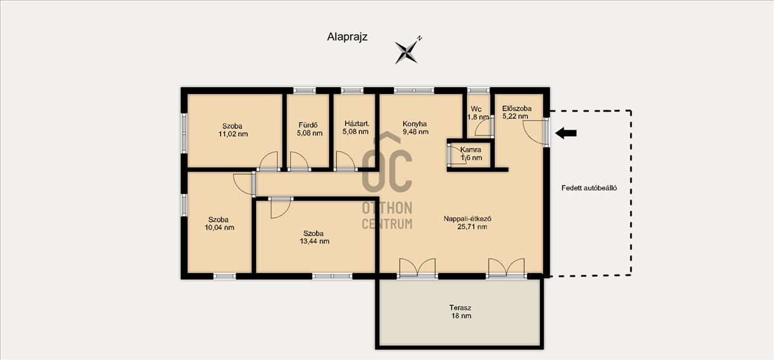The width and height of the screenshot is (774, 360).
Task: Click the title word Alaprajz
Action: click(347, 37)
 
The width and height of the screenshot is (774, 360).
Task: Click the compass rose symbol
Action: click(407, 52)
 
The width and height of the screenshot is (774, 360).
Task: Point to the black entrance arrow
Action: click(566, 133)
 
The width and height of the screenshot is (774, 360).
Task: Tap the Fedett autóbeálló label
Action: click(589, 188)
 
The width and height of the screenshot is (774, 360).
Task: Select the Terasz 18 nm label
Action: click(461, 312)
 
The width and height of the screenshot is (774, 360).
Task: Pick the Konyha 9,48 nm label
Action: click(415, 128)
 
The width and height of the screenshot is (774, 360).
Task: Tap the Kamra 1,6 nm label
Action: click(471, 154)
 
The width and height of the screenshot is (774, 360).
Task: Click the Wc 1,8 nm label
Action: click(478, 113)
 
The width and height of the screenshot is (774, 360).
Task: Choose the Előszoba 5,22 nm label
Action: click(517, 112)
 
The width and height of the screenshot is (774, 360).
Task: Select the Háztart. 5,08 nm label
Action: click(356, 128)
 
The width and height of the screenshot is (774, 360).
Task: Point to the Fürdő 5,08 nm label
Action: click(309, 129)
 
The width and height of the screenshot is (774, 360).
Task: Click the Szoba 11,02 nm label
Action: click(233, 130)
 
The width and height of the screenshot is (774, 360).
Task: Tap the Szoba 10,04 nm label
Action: click(219, 223)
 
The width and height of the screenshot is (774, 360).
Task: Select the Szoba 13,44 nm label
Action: click(314, 237)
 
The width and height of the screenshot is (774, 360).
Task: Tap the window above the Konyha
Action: click(414, 90)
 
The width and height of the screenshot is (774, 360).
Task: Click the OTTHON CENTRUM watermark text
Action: click(387, 216)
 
